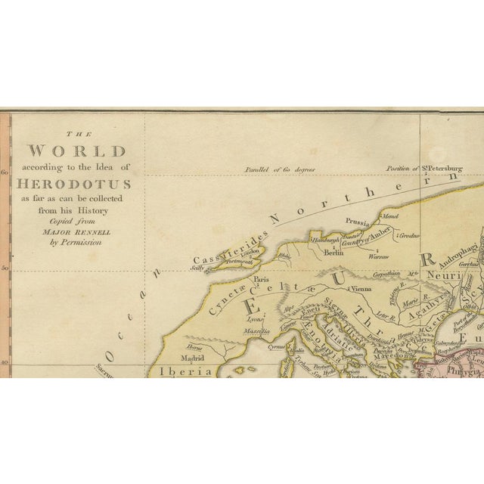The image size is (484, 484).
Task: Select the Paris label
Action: click(x=262, y=279)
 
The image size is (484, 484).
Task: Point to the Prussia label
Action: click(x=356, y=222)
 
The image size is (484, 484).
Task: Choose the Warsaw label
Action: click(x=378, y=256)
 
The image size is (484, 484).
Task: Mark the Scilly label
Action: click(x=197, y=267)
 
